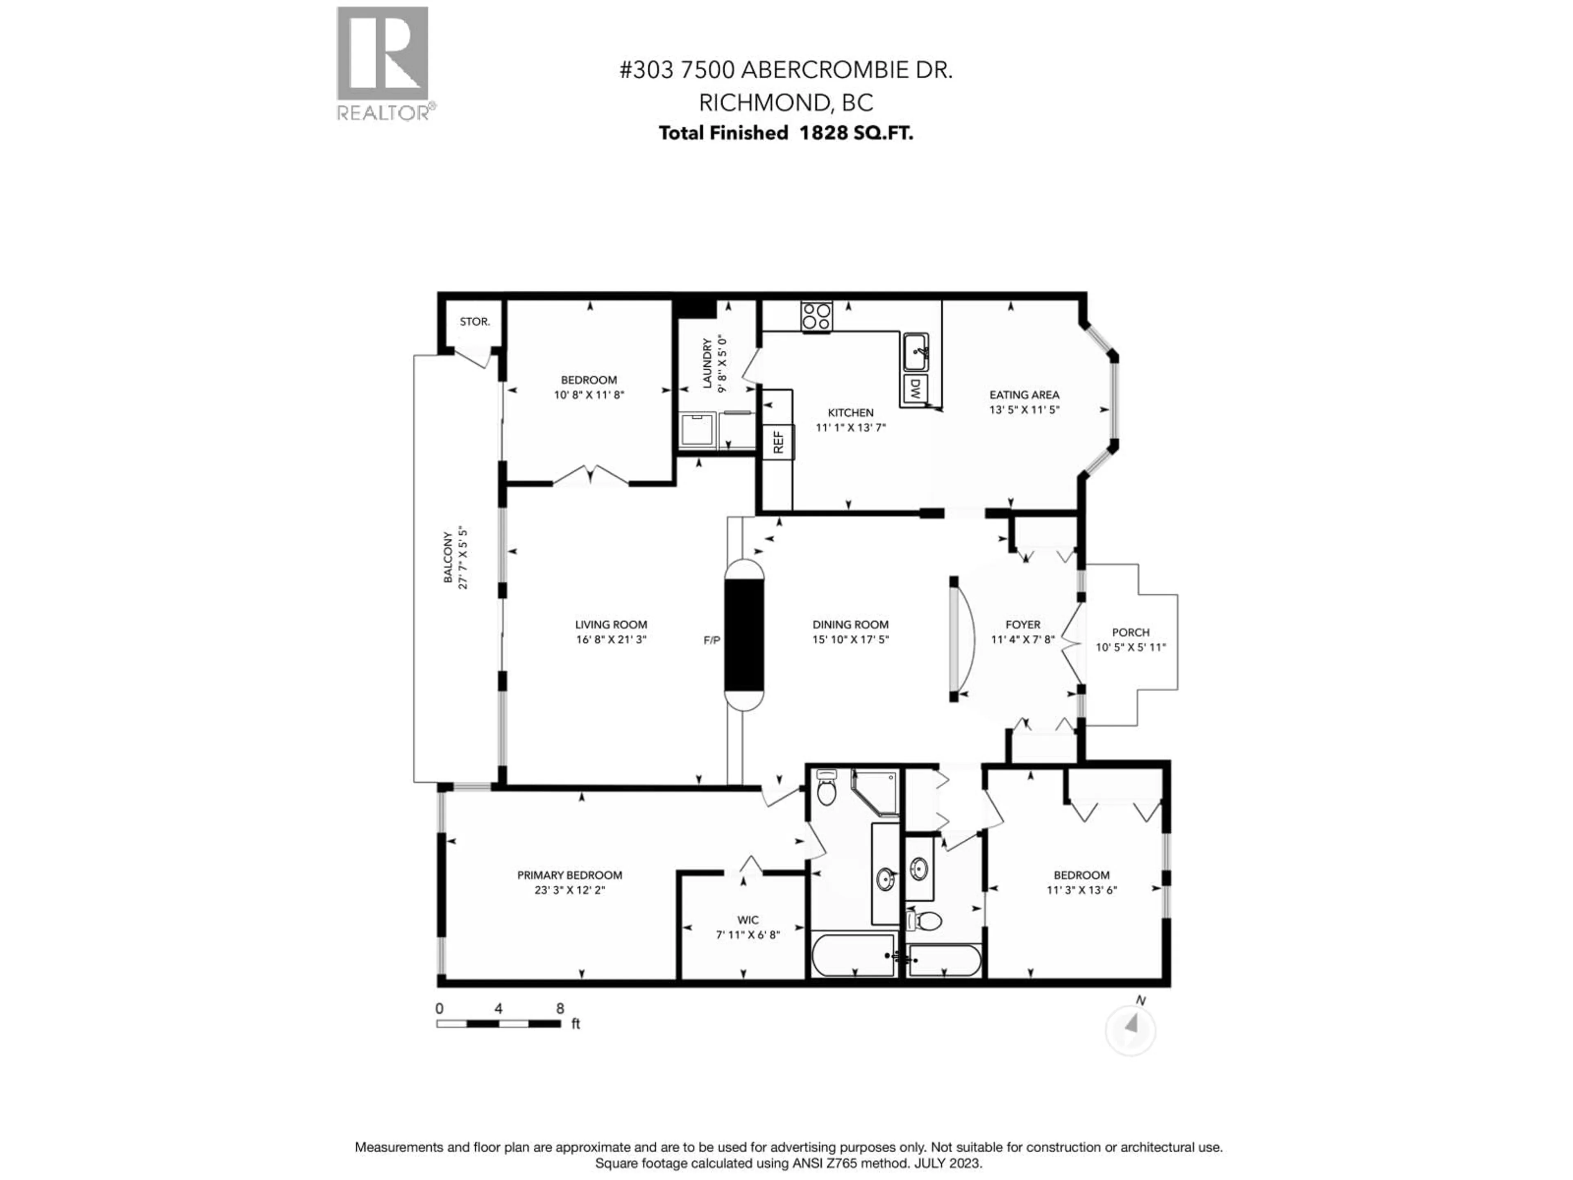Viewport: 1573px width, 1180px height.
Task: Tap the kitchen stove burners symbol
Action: (816, 317)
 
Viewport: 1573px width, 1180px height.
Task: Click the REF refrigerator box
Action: (778, 442)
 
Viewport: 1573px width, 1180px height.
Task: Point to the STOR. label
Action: (474, 322)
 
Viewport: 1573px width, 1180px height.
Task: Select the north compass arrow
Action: (1131, 1025)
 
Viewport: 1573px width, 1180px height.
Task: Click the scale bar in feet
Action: (498, 1023)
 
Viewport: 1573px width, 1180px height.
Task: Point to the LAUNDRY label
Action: (707, 363)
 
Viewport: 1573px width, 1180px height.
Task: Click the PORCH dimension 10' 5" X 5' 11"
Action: (1131, 647)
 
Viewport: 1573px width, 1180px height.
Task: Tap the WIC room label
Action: (748, 920)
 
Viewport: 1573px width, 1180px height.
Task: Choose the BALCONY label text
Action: (448, 558)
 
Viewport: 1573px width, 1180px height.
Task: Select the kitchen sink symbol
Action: (915, 352)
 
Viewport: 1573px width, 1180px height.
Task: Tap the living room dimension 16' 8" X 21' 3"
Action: (611, 640)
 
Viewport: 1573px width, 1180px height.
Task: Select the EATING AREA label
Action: (1024, 395)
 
